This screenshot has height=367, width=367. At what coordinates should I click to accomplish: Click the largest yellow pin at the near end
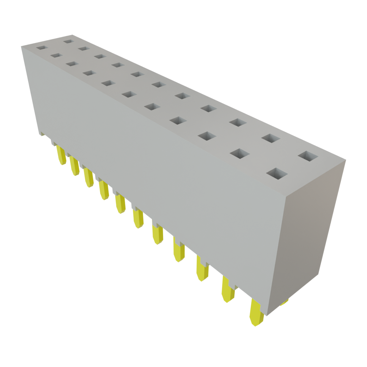(256, 313)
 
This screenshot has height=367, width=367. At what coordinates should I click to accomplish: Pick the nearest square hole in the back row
(308, 157)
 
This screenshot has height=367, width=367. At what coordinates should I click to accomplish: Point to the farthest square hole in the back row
(68, 41)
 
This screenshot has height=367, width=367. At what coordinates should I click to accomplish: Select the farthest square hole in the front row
(41, 47)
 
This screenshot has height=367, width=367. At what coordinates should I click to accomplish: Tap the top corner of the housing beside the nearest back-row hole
(346, 161)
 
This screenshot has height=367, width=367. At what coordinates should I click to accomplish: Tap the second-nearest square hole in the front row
(239, 153)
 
